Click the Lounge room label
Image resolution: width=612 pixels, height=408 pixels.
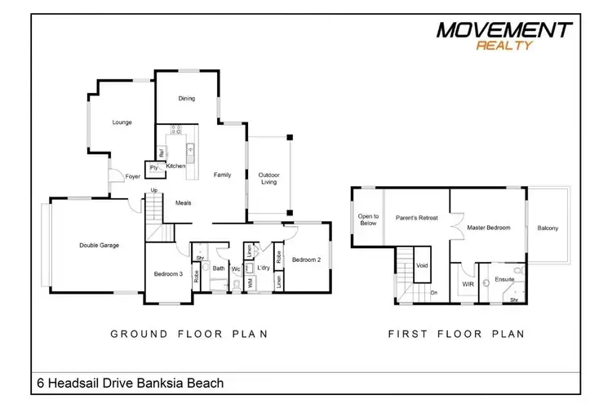pos(122,122)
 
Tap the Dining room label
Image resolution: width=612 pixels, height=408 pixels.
pos(187,99)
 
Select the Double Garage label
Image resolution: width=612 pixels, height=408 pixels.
pos(99,245)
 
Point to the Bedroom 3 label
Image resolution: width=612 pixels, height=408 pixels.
pos(168,273)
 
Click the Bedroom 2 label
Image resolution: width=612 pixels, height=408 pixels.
pos(306,259)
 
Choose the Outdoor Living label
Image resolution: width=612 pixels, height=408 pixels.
pos(269,179)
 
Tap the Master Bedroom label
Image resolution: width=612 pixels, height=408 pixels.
pos(489,228)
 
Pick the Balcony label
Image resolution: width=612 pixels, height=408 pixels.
pos(548,228)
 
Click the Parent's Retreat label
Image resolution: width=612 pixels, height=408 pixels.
pos(417,218)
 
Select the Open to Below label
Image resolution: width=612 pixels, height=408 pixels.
pos(368,220)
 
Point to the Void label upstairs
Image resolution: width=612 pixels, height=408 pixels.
pos(422,265)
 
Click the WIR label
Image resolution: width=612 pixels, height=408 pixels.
pos(468,284)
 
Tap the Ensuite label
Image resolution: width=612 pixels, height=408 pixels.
pos(504,280)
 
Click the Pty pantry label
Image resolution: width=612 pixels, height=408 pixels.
pos(153,168)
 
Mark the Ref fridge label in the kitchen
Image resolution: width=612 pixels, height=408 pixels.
pos(161,153)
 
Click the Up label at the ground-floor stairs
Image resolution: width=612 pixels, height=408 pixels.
pos(154,190)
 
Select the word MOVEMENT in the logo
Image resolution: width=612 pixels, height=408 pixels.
pos(504,30)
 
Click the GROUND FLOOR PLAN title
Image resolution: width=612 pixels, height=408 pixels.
pos(189,335)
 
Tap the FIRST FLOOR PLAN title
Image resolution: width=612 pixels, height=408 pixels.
pos(456,335)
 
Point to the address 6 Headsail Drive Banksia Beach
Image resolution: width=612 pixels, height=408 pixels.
pos(131,383)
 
